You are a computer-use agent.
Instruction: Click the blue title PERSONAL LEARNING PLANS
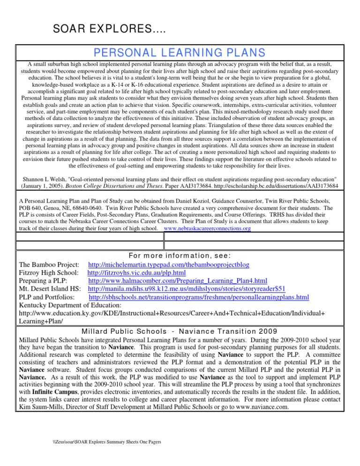pyautogui.click(x=180, y=53)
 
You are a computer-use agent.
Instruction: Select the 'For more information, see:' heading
pyautogui.click(x=180, y=256)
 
